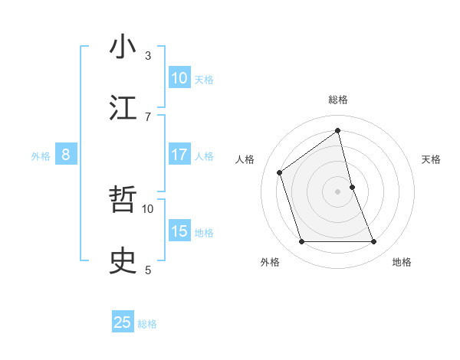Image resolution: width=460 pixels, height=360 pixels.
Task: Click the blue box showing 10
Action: tap(179, 77)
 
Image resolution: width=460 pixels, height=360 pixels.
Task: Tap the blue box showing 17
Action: tap(179, 155)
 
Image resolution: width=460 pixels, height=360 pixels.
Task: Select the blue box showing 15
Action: tap(179, 231)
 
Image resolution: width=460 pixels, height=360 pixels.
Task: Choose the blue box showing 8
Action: tap(66, 155)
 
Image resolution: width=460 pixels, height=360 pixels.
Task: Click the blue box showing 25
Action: tap(123, 322)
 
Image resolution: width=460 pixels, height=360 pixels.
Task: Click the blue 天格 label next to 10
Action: tap(204, 79)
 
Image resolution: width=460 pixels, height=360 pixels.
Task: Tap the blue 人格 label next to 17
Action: tap(204, 156)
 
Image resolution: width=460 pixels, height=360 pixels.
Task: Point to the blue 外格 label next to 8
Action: tap(41, 156)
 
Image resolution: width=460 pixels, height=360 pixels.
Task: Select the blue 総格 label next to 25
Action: tap(147, 324)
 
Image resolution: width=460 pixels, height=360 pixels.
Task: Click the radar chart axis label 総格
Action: tap(338, 100)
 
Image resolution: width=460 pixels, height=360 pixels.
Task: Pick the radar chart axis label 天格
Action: tap(432, 159)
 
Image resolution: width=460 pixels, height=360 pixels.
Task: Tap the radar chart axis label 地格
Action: tap(402, 262)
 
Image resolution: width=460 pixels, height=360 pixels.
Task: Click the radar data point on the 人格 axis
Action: tap(280, 172)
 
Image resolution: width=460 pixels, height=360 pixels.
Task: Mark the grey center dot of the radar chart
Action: tap(338, 191)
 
